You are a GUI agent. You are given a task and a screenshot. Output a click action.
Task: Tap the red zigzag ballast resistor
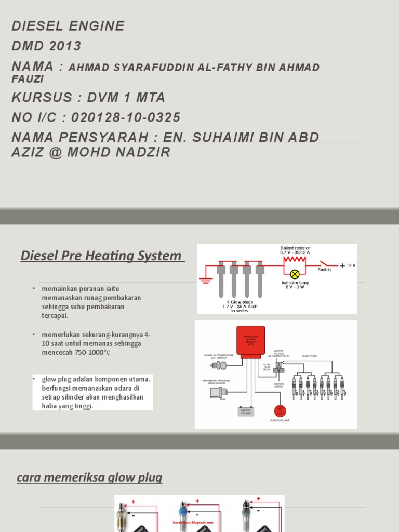pos(294,260)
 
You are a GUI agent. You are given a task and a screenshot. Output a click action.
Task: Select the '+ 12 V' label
pos(348,265)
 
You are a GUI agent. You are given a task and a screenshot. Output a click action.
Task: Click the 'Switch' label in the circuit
pos(324,270)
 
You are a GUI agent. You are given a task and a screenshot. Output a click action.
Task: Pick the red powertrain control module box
pos(250,341)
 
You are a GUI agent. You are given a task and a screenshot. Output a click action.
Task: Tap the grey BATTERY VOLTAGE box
pos(246,411)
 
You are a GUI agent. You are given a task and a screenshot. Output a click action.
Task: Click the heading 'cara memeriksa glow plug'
pos(90,478)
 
